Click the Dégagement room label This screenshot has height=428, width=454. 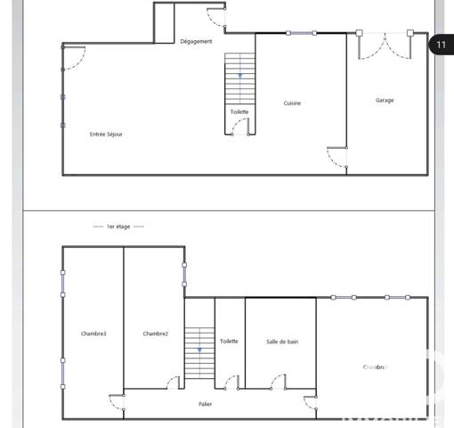[196, 41]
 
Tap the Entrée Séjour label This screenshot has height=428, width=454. [106, 134]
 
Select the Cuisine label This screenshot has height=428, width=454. [292, 103]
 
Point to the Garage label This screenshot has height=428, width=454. [385, 100]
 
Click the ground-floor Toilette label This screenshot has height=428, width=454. [239, 111]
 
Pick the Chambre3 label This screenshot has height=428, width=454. [93, 333]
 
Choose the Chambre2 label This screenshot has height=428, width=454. [155, 333]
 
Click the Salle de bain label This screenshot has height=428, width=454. [282, 342]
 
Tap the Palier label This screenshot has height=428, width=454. [205, 404]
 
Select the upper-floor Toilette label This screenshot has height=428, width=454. [229, 342]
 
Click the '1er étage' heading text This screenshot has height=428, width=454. [118, 226]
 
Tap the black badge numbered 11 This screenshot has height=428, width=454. [442, 44]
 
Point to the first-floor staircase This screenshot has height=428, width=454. [199, 352]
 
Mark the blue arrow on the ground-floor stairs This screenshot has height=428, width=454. [239, 76]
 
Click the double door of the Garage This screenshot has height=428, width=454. [385, 45]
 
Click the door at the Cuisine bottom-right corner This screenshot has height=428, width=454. [336, 158]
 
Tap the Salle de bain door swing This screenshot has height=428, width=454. [278, 382]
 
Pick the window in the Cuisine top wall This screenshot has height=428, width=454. [301, 34]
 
